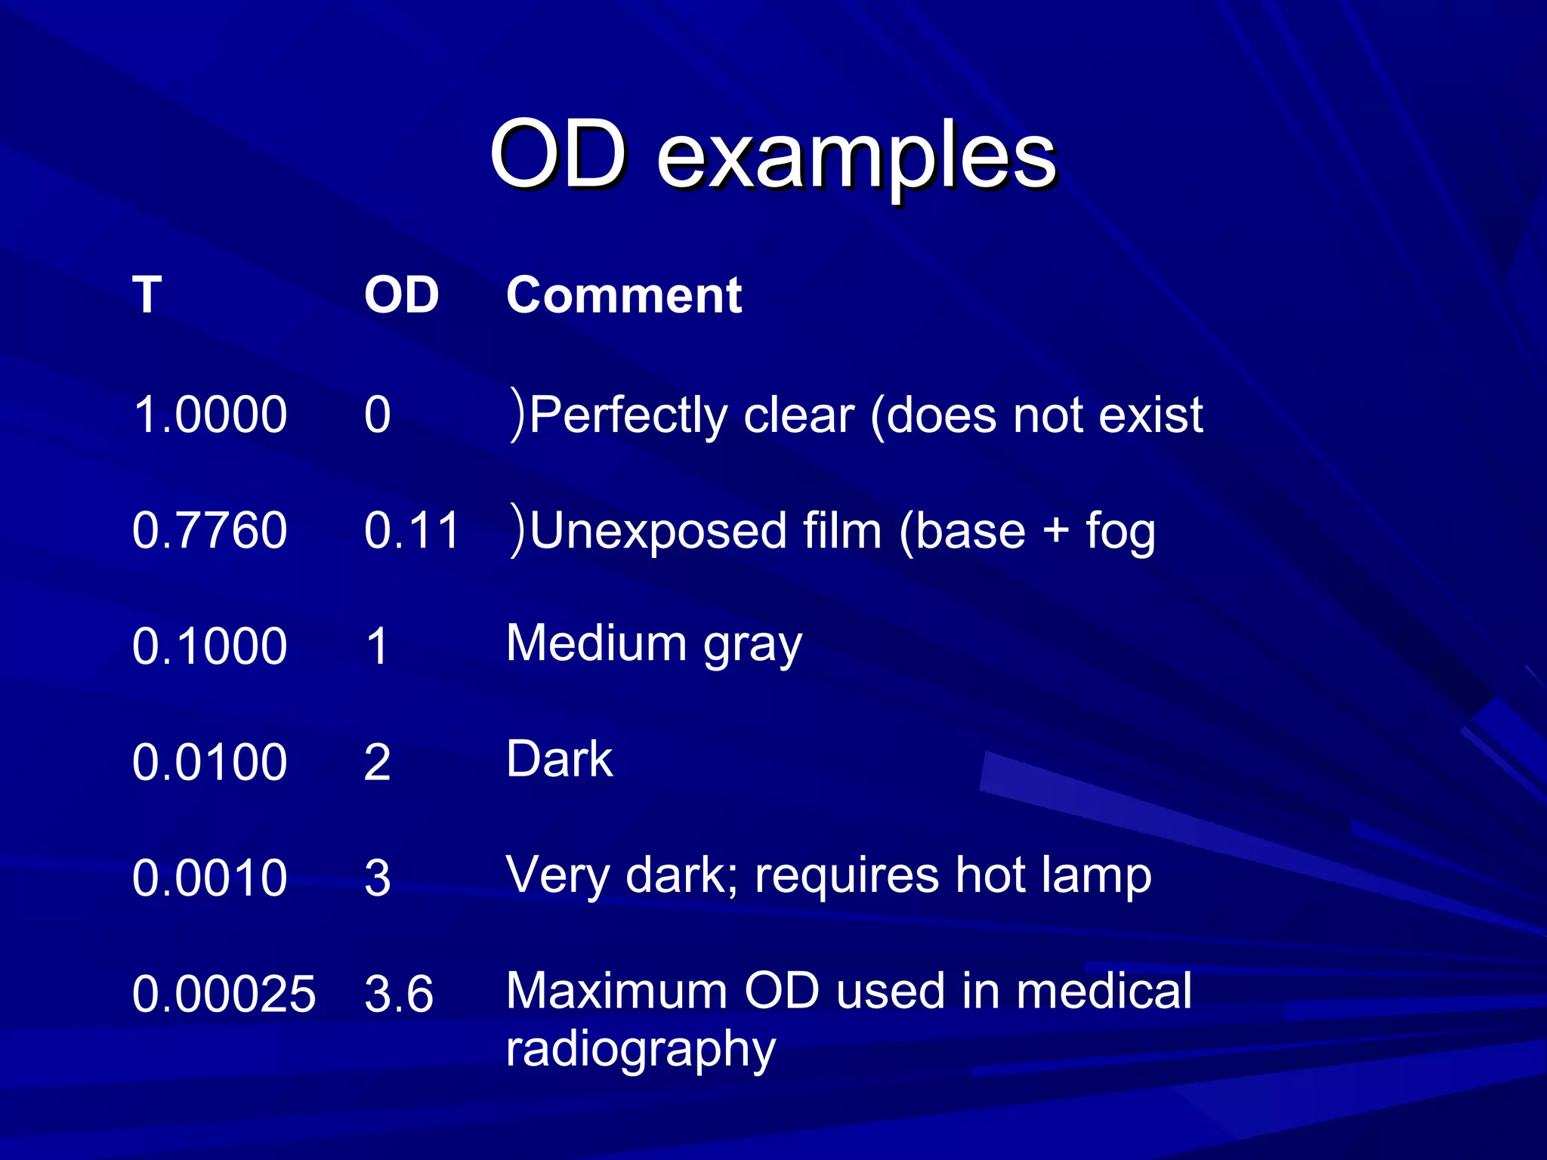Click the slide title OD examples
point(773,157)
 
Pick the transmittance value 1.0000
point(210,415)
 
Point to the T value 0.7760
point(210,530)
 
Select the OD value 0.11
point(412,530)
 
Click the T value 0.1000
point(210,646)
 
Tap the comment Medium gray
point(653,644)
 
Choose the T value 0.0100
point(210,762)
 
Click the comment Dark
point(560,759)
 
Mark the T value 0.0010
point(210,878)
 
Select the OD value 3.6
point(399,994)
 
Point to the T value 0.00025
point(224,994)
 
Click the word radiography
point(641,1050)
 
